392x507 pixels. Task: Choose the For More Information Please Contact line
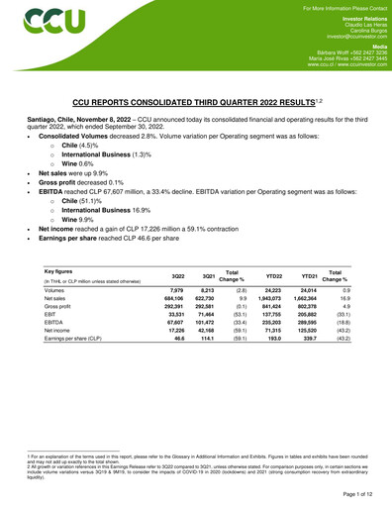(x=334, y=6)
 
